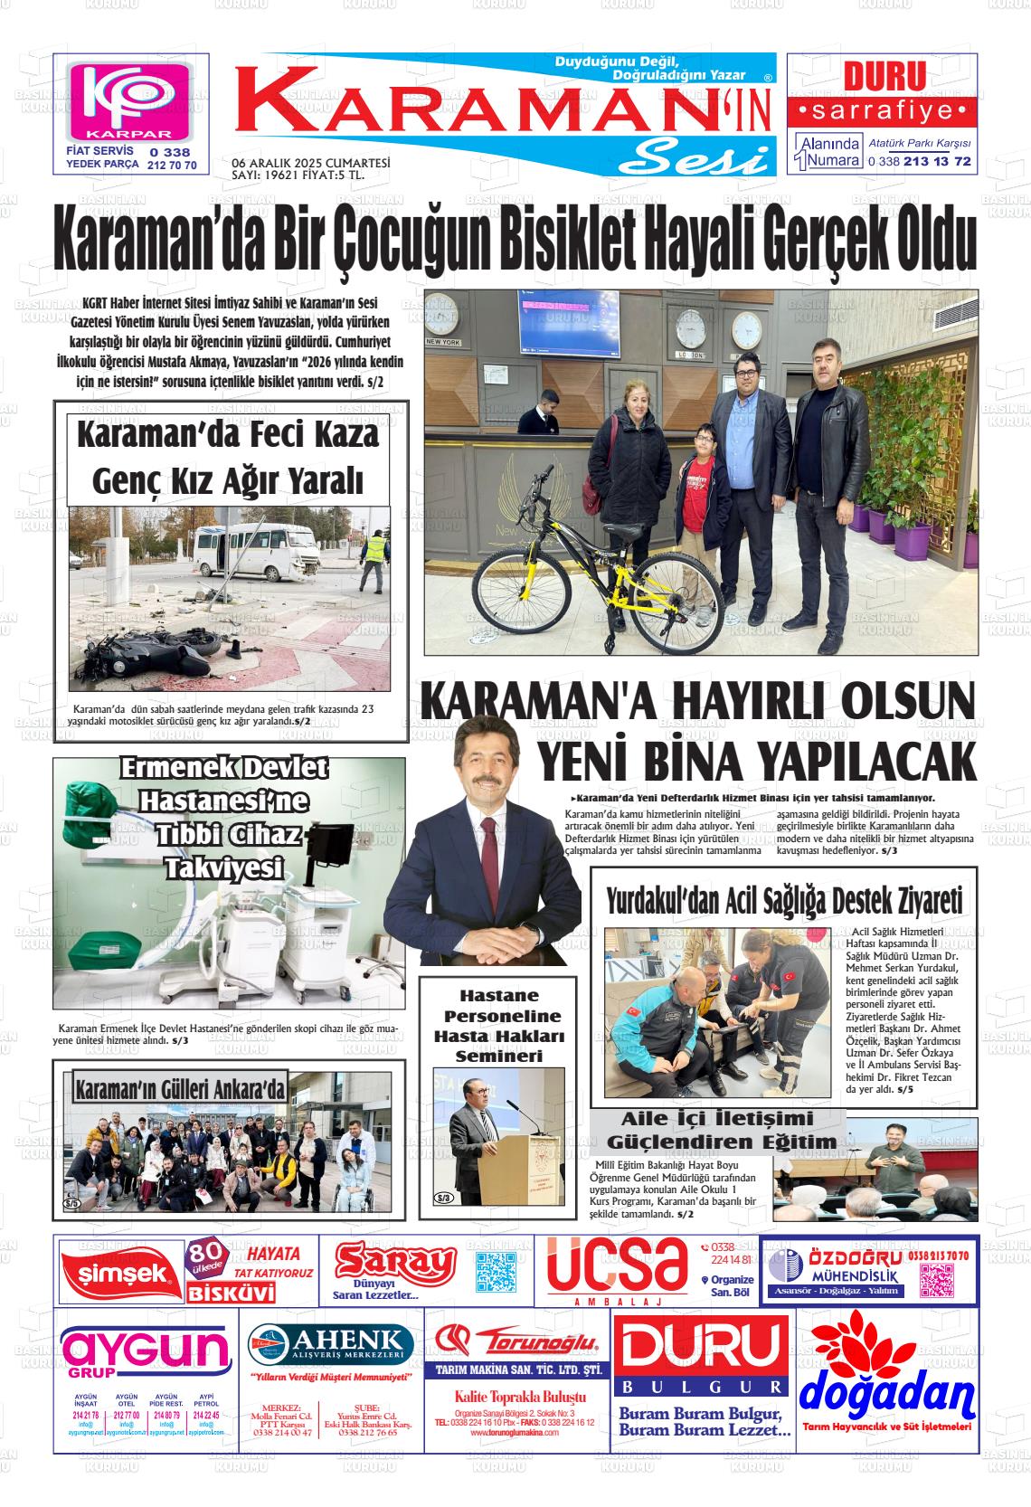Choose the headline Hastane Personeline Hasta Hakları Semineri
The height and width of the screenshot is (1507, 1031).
(x=497, y=1026)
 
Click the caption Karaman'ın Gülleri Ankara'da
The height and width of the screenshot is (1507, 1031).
(x=180, y=1089)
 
